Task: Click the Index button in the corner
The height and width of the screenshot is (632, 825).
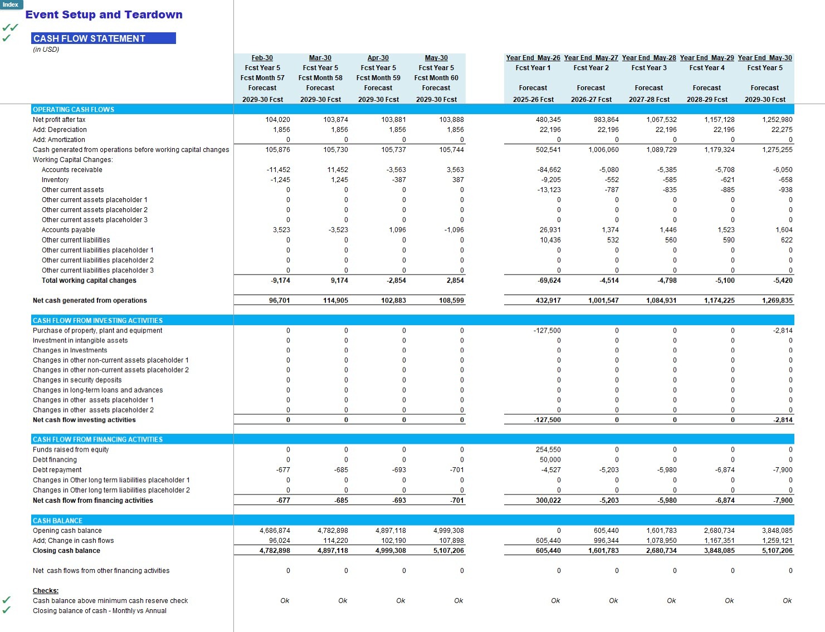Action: [11, 4]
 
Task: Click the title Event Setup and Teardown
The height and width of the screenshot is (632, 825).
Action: [104, 15]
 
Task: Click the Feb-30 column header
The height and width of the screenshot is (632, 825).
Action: [262, 58]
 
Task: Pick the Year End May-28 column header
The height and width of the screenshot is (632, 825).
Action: [648, 58]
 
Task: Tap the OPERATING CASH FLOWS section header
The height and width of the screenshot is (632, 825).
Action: [74, 110]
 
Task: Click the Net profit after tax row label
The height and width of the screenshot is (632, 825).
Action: [59, 120]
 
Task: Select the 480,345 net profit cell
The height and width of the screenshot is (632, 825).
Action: [548, 120]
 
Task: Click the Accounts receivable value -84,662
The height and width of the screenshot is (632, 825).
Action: [549, 170]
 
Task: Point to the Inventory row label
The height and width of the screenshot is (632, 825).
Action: [55, 180]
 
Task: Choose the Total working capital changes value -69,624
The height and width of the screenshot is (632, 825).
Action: [549, 281]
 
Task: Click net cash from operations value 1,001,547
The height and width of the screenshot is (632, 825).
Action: [603, 301]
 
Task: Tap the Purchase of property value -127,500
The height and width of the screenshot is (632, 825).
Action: [547, 331]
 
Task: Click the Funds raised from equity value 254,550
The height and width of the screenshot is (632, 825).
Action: [548, 450]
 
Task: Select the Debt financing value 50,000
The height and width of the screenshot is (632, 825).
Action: [550, 460]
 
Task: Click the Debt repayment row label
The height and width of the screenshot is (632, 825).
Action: [57, 470]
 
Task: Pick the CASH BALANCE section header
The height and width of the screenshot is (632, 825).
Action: [57, 521]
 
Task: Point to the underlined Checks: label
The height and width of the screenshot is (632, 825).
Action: [46, 591]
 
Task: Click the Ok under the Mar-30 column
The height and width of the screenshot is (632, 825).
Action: [343, 601]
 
